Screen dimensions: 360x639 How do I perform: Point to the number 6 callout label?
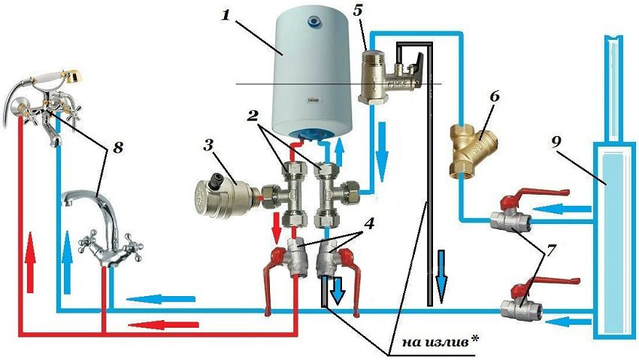point(495,97)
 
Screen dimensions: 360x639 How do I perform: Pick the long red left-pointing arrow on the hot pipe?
point(159,324)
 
